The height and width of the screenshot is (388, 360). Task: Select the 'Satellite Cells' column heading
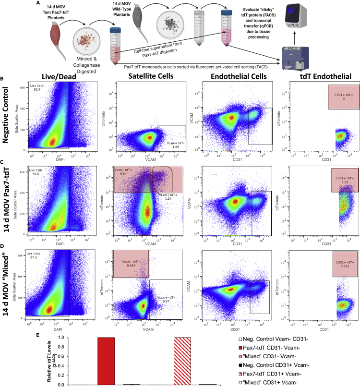pyautogui.click(x=139, y=79)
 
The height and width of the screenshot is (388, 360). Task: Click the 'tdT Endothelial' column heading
pyautogui.click(x=325, y=79)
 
